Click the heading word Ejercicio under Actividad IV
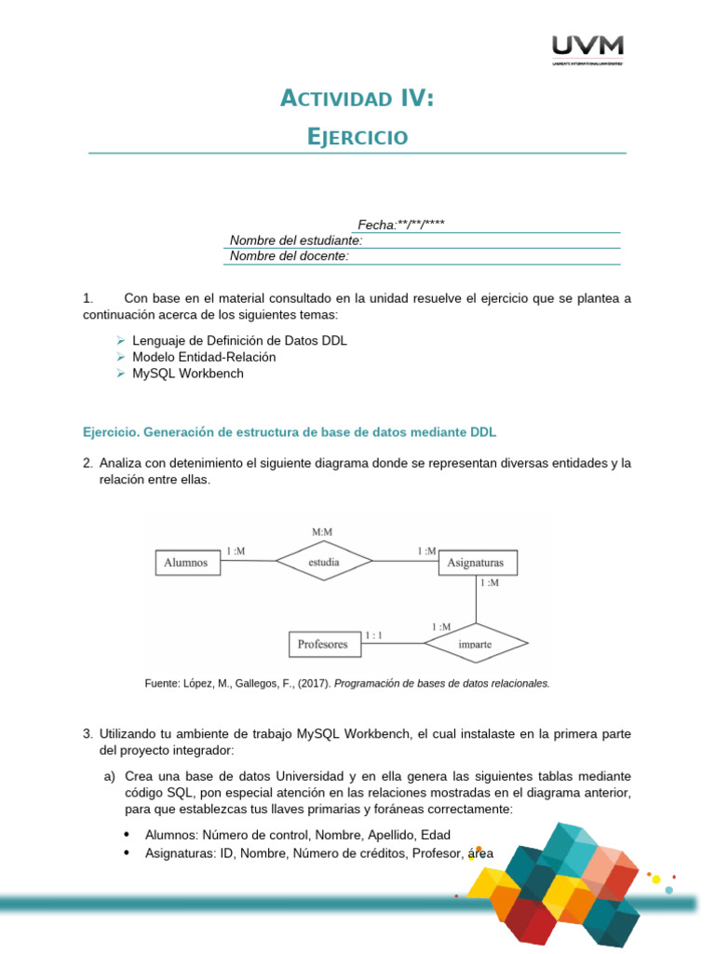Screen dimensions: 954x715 [357, 137]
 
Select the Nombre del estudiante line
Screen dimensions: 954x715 [296, 240]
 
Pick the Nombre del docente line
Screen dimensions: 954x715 [290, 256]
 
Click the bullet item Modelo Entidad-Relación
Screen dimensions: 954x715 [204, 357]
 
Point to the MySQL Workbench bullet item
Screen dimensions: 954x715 [188, 373]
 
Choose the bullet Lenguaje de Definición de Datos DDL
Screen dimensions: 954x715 [239, 341]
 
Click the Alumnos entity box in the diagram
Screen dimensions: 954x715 [186, 562]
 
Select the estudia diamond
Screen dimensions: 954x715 [322, 562]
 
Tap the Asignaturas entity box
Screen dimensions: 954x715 [476, 563]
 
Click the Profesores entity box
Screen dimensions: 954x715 [322, 643]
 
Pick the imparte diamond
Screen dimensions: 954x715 [476, 643]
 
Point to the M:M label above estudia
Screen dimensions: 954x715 [322, 532]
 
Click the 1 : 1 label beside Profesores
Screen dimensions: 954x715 [374, 635]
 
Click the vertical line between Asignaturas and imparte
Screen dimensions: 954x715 [476, 599]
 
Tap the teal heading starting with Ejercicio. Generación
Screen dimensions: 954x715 [290, 432]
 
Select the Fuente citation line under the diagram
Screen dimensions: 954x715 [347, 683]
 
